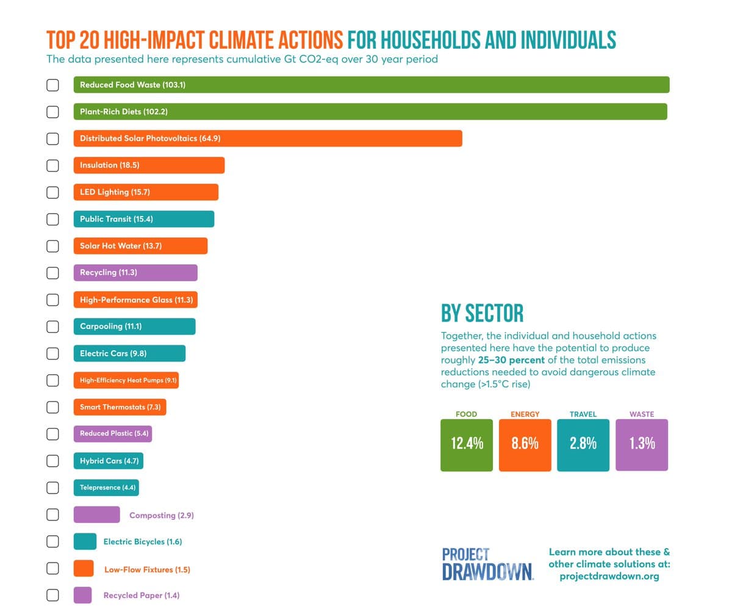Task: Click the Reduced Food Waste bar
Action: (x=371, y=85)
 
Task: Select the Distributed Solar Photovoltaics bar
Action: (x=267, y=139)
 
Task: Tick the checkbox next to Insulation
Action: (x=53, y=165)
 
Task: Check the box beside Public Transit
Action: (x=53, y=219)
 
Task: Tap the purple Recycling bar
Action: (x=135, y=273)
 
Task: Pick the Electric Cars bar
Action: (x=129, y=353)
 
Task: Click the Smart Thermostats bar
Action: (x=120, y=407)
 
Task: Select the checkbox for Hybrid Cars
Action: (x=53, y=461)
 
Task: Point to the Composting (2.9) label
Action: (x=161, y=516)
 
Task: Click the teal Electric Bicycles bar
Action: (x=85, y=542)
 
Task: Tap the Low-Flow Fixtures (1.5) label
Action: (x=147, y=570)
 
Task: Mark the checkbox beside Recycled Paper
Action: (x=53, y=595)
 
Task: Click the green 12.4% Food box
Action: (x=467, y=445)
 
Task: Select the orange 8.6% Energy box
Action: (x=525, y=445)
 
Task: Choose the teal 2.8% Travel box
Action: (x=583, y=445)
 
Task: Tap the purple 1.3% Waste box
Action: (x=642, y=445)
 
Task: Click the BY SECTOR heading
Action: (x=482, y=314)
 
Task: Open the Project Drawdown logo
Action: (x=487, y=564)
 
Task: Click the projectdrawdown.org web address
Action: (x=609, y=577)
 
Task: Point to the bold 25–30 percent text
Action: (x=511, y=360)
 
